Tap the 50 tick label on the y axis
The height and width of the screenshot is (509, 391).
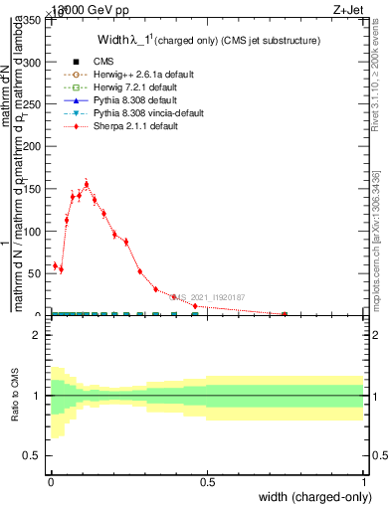pyautogui.click(x=36, y=273)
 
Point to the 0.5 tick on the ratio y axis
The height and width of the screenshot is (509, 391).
pyautogui.click(x=33, y=455)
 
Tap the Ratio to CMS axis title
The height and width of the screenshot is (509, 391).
pyautogui.click(x=15, y=396)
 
